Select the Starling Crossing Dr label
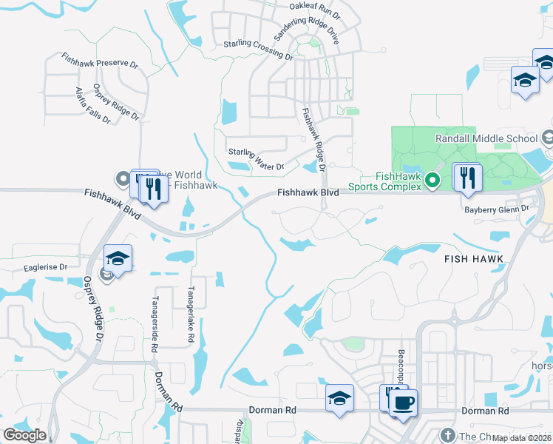coord(258,50)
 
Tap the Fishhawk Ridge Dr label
coord(313,138)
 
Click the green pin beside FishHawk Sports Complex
coord(434,179)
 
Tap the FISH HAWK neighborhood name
coord(474,259)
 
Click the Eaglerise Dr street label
coord(45,266)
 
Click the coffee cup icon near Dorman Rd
coord(403,403)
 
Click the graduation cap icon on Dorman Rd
coord(339,398)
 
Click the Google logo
coord(24,435)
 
